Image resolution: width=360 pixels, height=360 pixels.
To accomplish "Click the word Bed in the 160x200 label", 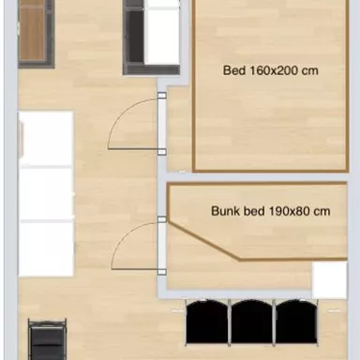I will point(233,69).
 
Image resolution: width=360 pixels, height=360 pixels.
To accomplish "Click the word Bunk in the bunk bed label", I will point(225,211).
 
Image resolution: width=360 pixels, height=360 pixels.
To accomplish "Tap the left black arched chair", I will point(207,322).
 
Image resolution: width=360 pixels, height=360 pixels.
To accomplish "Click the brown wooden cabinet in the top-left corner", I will point(33,32).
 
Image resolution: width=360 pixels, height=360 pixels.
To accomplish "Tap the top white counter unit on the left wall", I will point(46,139).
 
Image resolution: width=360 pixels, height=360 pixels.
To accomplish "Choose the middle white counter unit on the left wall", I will point(46,194).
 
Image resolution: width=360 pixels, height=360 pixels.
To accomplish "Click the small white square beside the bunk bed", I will point(329,279).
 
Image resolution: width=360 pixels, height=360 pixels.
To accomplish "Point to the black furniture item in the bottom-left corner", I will point(48,340).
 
